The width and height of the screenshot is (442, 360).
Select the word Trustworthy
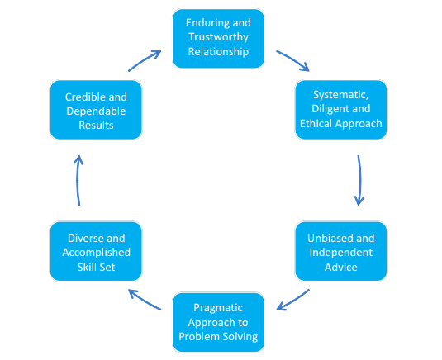[218, 37]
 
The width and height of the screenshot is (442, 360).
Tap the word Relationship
[218, 52]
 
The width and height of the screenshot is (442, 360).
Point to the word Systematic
[341, 95]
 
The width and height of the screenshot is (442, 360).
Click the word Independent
[341, 253]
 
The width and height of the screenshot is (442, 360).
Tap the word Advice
[341, 267]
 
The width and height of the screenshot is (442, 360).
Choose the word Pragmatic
[218, 308]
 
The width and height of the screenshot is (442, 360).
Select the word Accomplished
[96, 253]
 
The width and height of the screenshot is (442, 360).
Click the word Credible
[83, 97]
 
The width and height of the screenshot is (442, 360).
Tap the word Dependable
[96, 111]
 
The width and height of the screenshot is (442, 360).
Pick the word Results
[96, 126]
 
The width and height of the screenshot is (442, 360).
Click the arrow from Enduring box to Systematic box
[293, 60]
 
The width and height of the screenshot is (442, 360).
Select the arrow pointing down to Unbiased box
[359, 180]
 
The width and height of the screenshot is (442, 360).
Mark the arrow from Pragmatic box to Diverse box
[145, 300]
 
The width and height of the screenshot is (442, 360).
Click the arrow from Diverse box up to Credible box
[77, 180]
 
